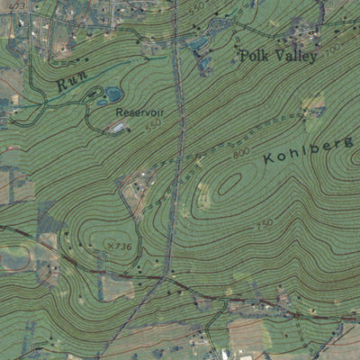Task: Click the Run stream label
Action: [x=68, y=83]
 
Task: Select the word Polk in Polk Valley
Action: [x=253, y=56]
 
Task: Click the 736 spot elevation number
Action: [x=121, y=247]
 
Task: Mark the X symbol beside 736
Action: [x=109, y=247]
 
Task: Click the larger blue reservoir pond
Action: [x=114, y=94]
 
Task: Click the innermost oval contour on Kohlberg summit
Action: [x=229, y=182]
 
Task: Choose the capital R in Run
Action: [x=61, y=86]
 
